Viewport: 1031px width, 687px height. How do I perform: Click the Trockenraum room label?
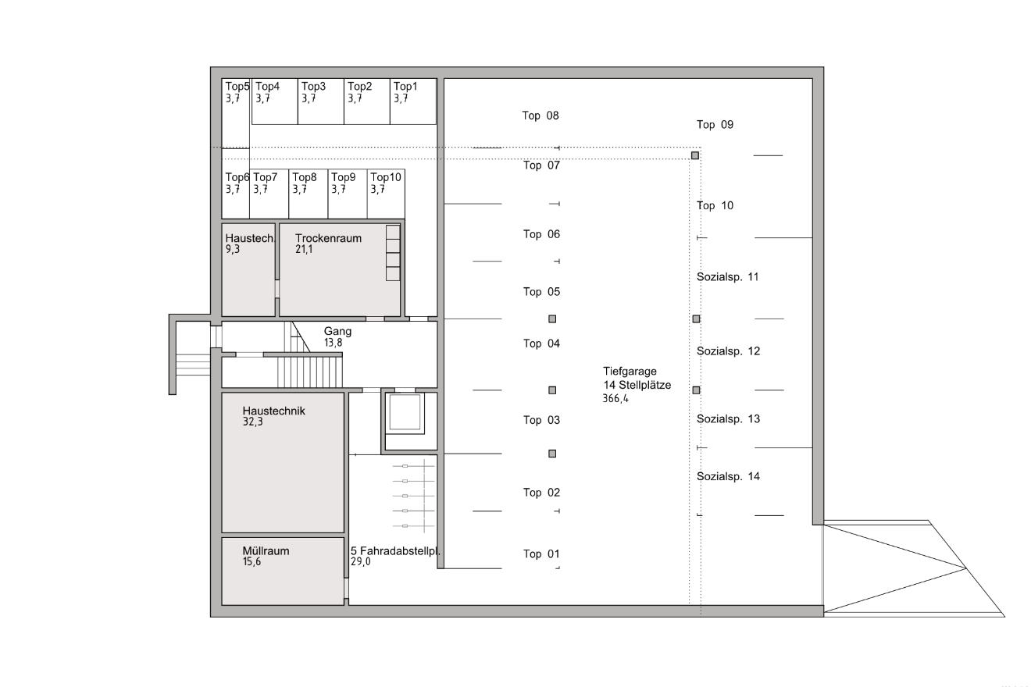328,238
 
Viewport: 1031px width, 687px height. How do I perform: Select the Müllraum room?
283,571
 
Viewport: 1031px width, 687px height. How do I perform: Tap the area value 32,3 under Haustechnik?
253,422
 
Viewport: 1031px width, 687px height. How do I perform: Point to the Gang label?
337,331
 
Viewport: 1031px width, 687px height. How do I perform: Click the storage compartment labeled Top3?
321,101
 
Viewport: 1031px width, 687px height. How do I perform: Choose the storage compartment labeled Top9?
348,194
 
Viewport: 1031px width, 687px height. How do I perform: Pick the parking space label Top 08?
540,116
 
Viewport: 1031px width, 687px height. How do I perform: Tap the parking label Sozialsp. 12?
728,351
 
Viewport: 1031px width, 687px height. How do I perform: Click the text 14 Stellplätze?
637,385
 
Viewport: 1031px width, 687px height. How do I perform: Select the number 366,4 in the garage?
615,398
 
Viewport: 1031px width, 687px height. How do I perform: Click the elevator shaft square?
405,413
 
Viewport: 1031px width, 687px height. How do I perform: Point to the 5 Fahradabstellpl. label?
395,551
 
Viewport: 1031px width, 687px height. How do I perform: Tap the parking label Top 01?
541,554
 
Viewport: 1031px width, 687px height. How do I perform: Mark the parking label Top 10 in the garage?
715,205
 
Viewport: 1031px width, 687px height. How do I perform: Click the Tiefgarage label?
630,372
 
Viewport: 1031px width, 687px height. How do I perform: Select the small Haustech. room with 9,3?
248,269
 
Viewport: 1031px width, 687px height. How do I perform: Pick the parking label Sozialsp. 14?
728,476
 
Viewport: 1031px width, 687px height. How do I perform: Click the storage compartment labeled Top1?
413,101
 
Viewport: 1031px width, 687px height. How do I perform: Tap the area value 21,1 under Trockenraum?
304,249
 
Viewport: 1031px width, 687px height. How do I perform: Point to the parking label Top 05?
541,292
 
